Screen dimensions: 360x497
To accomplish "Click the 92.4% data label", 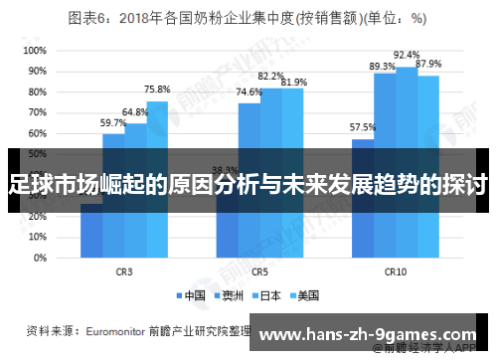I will pyautogui.click(x=407, y=55).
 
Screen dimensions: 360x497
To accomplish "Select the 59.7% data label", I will pyautogui.click(x=113, y=122).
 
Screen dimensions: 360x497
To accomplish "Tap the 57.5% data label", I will pyautogui.click(x=363, y=127).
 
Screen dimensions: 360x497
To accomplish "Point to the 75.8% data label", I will pyautogui.click(x=157, y=90).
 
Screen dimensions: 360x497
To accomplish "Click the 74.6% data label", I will pyautogui.click(x=249, y=91).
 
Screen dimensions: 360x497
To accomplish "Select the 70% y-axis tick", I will pyautogui.click(x=36, y=112).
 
